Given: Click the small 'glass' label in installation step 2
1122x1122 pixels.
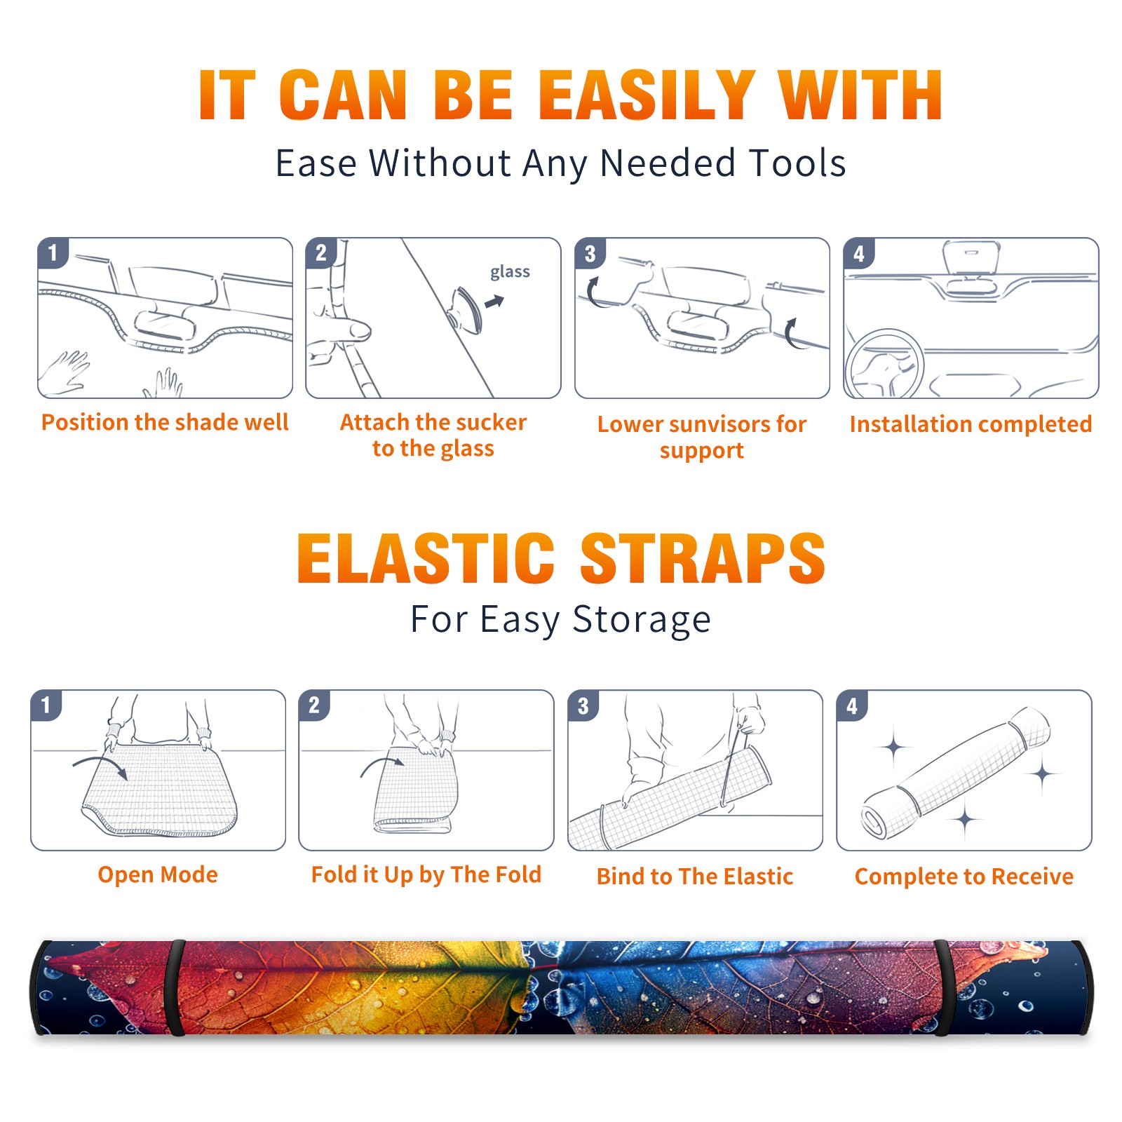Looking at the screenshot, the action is click(510, 272).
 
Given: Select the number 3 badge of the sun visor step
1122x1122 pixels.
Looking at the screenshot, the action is click(590, 253).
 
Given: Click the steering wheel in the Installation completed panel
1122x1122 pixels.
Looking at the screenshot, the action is click(884, 364).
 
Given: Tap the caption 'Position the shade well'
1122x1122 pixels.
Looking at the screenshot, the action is click(165, 422).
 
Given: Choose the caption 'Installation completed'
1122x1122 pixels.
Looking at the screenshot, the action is click(971, 424).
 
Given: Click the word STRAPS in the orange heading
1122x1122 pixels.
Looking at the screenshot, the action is click(703, 558).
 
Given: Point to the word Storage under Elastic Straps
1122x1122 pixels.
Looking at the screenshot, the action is click(642, 620).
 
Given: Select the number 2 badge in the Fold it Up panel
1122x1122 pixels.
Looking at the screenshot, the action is click(313, 705).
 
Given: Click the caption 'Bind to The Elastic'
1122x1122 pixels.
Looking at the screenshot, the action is click(694, 876).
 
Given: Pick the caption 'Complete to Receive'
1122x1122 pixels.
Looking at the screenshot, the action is click(964, 877).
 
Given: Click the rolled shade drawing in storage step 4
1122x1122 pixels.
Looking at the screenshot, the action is click(955, 773).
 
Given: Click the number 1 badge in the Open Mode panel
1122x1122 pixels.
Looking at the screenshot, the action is click(46, 705).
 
